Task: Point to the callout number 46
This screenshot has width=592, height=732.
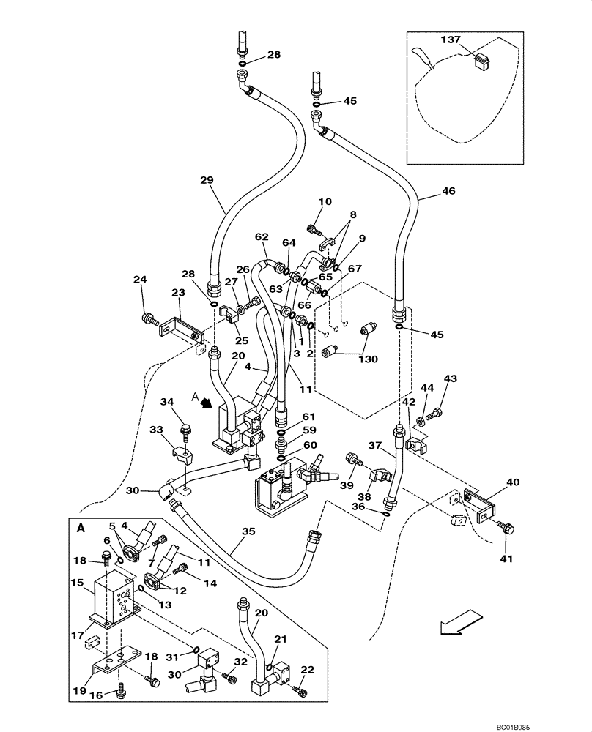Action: pyautogui.click(x=448, y=191)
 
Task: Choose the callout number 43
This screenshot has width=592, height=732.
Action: pyautogui.click(x=450, y=378)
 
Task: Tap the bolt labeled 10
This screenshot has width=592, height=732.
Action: pyautogui.click(x=314, y=231)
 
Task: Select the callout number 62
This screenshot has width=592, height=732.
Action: pyautogui.click(x=262, y=236)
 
